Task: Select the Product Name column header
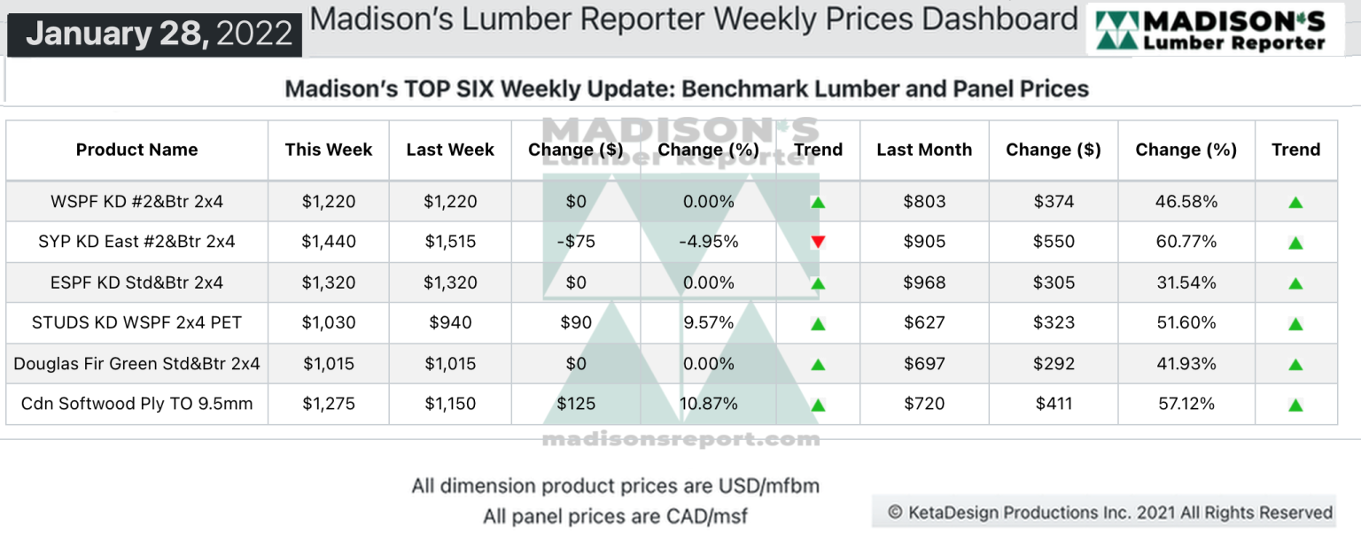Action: (x=136, y=150)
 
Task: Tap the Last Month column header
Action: (x=924, y=150)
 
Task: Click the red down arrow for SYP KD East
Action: (x=818, y=242)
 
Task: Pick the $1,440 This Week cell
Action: (x=329, y=242)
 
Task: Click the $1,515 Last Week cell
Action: (x=450, y=242)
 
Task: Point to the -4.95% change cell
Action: (x=709, y=242)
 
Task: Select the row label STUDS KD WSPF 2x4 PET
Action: (x=136, y=322)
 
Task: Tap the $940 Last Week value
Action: (x=450, y=322)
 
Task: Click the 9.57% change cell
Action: (x=709, y=322)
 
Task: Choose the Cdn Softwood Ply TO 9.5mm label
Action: (x=136, y=404)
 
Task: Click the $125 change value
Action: (x=576, y=404)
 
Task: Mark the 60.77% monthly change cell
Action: (x=1186, y=242)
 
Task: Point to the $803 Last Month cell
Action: (x=924, y=201)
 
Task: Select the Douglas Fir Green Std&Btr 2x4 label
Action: (x=136, y=363)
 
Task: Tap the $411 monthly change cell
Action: (x=1054, y=404)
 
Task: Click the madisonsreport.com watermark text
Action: (x=680, y=439)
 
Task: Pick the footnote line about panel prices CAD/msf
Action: (x=615, y=516)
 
